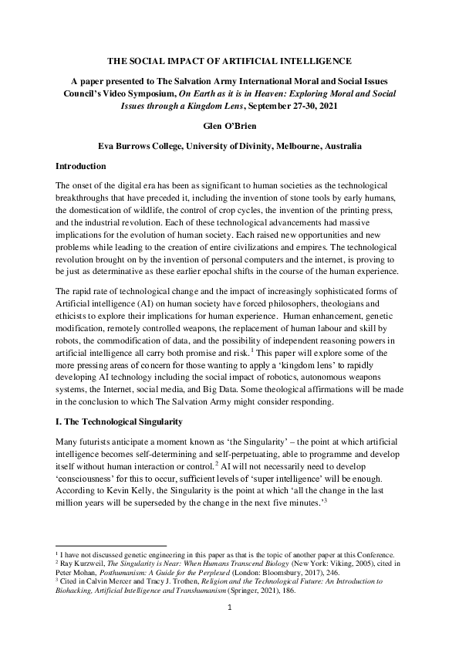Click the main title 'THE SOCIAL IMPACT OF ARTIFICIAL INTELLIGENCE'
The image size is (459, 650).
(x=229, y=60)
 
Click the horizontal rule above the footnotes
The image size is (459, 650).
(x=112, y=546)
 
